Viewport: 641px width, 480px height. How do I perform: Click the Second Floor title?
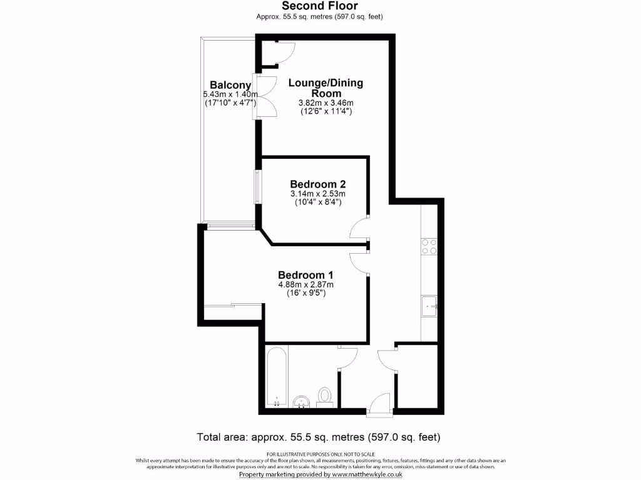[x=320, y=7]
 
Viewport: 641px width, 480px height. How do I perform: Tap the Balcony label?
[x=230, y=86]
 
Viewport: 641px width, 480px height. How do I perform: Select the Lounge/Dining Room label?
[x=326, y=88]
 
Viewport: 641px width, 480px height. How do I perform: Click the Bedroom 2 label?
[x=317, y=184]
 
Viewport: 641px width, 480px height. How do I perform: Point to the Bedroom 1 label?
[x=305, y=275]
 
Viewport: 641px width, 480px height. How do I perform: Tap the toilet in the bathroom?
[x=324, y=396]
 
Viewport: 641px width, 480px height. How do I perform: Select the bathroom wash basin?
[x=302, y=401]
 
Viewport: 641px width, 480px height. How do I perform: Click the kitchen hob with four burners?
[x=429, y=246]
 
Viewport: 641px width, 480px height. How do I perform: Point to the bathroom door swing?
[x=347, y=357]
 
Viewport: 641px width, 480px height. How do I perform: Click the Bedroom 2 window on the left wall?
[x=256, y=186]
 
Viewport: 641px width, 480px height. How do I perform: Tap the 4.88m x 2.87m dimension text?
[x=305, y=285]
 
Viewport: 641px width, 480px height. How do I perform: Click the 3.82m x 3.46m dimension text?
[x=326, y=103]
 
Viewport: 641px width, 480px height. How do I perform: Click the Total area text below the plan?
[x=320, y=436]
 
